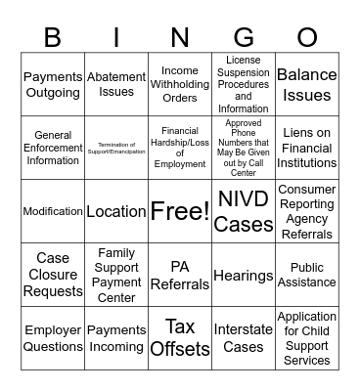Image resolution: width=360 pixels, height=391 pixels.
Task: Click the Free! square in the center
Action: click(x=180, y=211)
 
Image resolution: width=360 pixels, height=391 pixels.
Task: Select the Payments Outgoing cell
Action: click(x=52, y=84)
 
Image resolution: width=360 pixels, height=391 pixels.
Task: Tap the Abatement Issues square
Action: click(x=116, y=84)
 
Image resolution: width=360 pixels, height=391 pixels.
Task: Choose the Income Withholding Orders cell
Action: click(x=180, y=84)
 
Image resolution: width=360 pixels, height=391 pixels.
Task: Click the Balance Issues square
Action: click(x=307, y=84)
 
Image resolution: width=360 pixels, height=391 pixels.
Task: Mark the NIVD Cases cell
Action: click(x=244, y=211)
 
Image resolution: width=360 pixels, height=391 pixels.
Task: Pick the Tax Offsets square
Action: click(x=180, y=337)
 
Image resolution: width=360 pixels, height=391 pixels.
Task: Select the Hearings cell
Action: click(x=244, y=276)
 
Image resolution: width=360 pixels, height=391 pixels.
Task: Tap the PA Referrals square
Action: click(x=180, y=276)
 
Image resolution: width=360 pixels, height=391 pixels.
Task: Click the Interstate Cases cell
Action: click(x=244, y=338)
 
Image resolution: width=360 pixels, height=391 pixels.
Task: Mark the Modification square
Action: click(x=52, y=211)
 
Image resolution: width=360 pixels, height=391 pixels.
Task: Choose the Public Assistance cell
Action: click(x=307, y=276)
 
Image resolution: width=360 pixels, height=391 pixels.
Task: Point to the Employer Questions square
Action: click(x=52, y=338)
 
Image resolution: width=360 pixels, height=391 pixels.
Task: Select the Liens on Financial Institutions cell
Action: click(x=307, y=148)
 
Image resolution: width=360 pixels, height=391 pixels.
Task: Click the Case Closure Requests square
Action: click(x=52, y=276)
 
